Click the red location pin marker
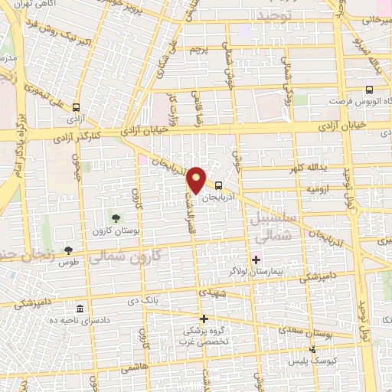[x=198, y=180]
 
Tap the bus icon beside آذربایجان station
[x=219, y=185]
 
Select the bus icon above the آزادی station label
[x=77, y=108]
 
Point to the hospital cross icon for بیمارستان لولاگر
[x=255, y=260]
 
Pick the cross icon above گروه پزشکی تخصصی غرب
[x=204, y=318]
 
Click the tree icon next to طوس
[x=70, y=250]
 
